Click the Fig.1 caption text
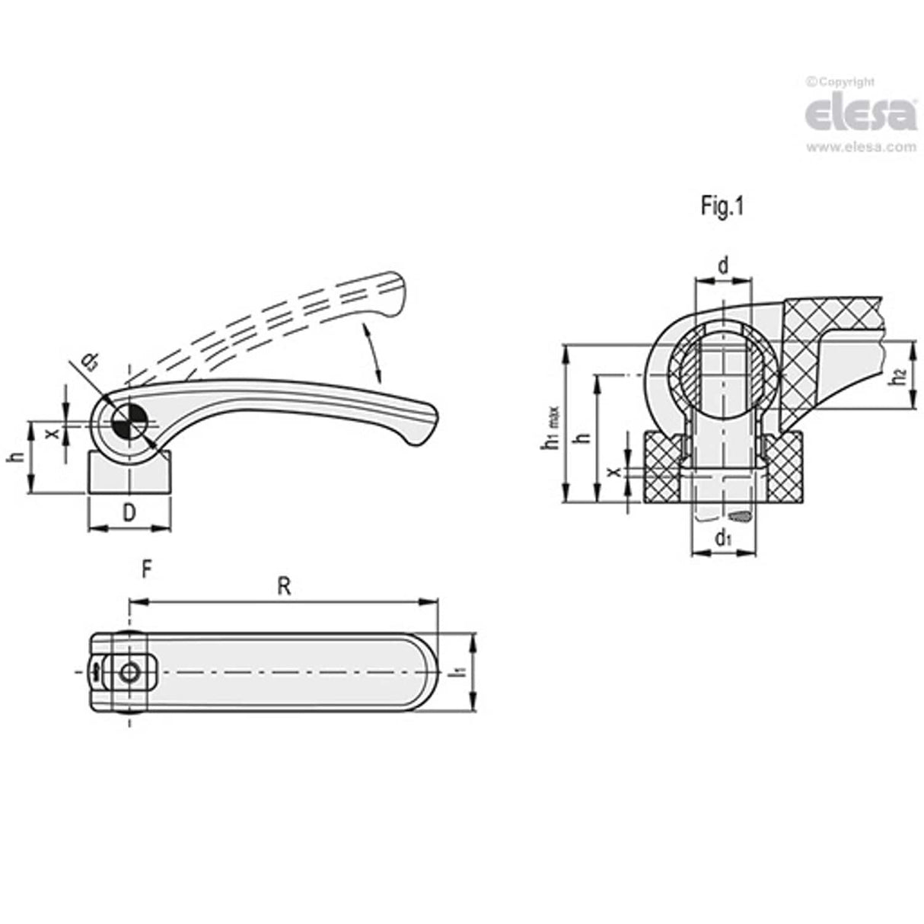721,207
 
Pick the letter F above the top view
148,569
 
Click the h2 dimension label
898,375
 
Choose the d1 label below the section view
723,539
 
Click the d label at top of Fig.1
723,266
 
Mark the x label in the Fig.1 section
613,472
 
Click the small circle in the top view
130,673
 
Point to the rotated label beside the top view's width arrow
458,673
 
